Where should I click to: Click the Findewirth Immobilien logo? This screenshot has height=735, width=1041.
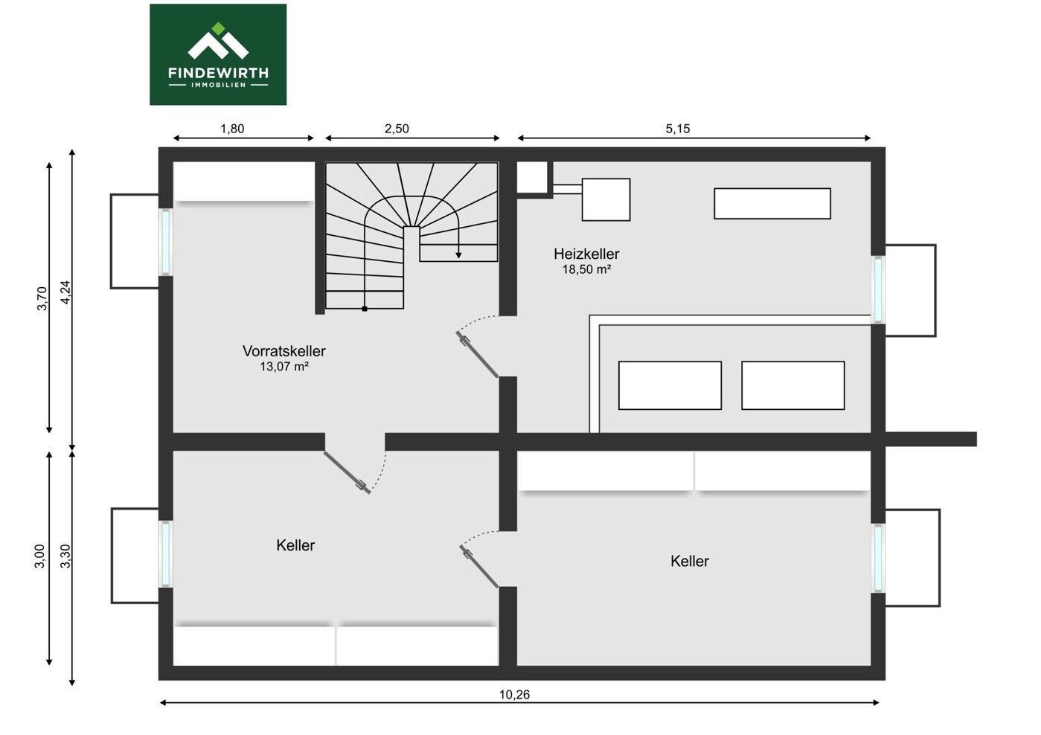click(x=218, y=54)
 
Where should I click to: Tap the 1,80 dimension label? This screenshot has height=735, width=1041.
click(x=232, y=129)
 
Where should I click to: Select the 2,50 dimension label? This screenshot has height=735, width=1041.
click(x=397, y=129)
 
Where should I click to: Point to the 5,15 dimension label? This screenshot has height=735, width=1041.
click(x=678, y=129)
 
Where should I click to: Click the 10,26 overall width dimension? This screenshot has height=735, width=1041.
click(x=514, y=695)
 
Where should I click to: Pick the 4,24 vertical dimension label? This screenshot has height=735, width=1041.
click(x=65, y=292)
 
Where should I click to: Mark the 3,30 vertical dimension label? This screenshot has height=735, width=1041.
click(x=65, y=556)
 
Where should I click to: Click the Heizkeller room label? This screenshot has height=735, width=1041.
click(x=586, y=254)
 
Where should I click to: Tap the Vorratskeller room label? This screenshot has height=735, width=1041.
click(x=284, y=351)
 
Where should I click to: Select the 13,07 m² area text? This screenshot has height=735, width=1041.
click(x=284, y=367)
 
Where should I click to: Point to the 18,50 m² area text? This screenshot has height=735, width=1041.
click(x=586, y=269)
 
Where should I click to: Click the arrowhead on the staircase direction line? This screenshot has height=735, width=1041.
click(x=458, y=255)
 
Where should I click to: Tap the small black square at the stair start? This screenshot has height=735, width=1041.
click(x=365, y=309)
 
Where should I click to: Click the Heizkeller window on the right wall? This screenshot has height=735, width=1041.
click(x=878, y=289)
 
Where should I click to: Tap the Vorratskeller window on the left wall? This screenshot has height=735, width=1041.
click(x=166, y=242)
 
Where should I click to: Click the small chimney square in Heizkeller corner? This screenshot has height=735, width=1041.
click(x=532, y=178)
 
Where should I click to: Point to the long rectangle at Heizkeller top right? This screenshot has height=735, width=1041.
click(x=772, y=204)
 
